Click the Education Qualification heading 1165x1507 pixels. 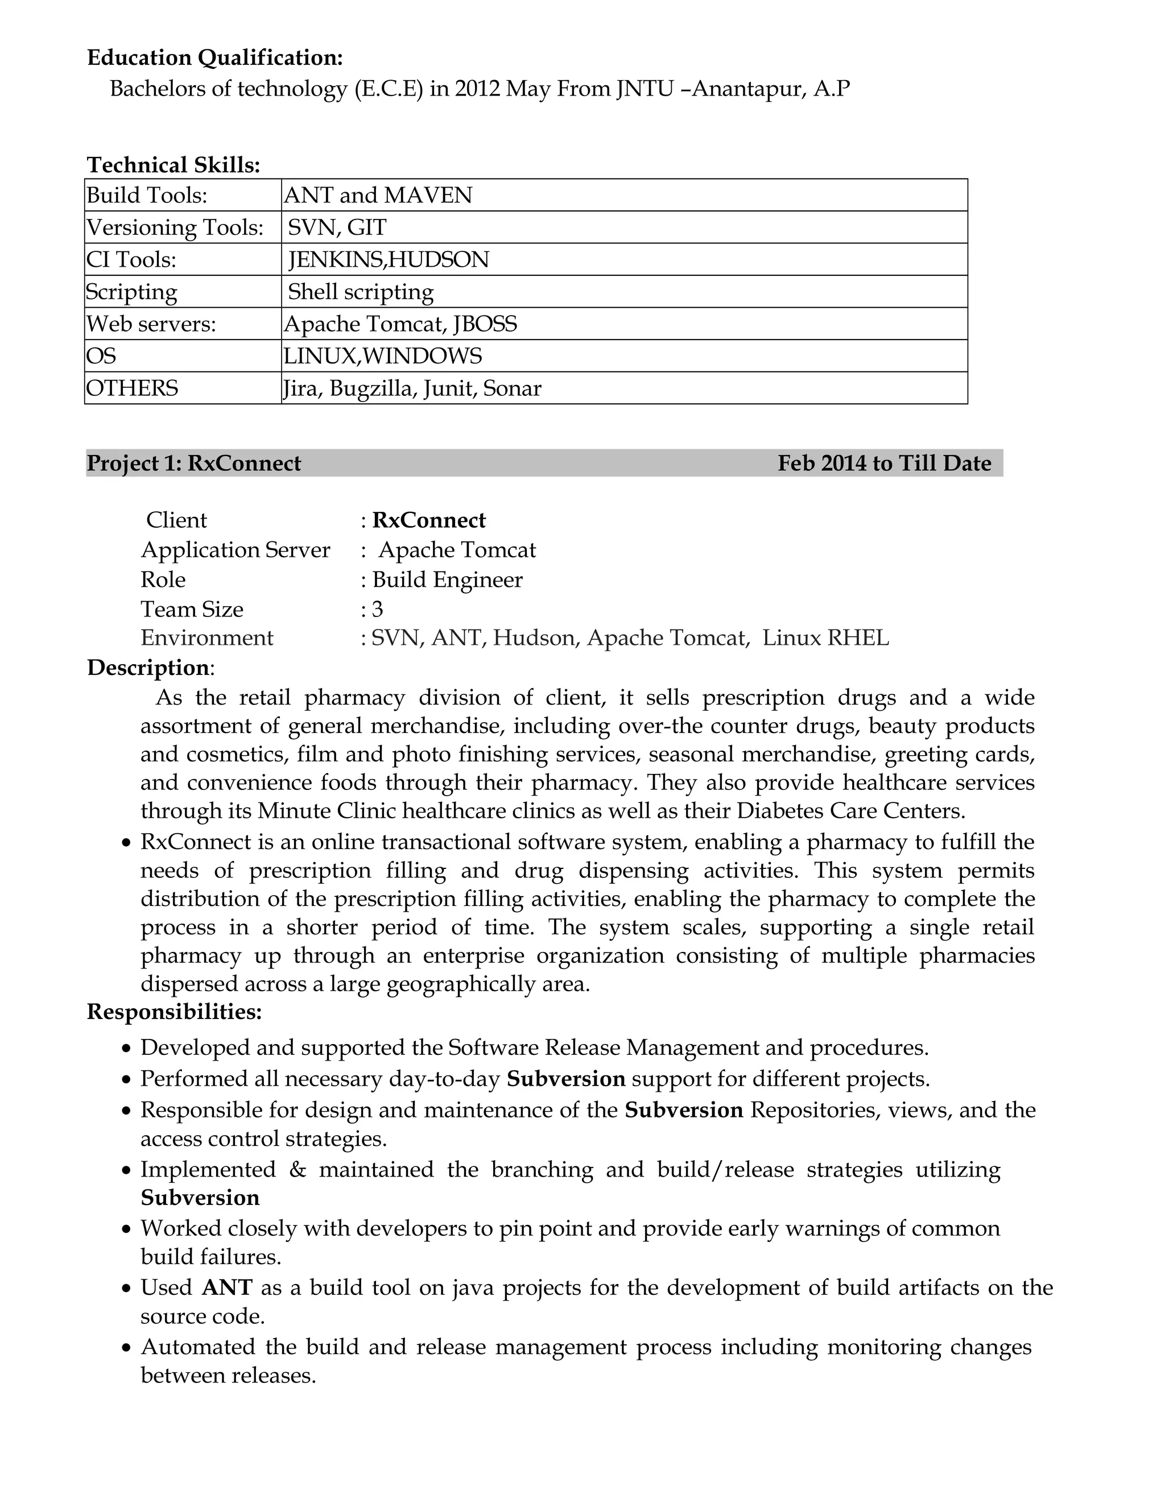(x=214, y=58)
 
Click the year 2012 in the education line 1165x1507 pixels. (x=477, y=89)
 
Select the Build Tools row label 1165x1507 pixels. (x=146, y=196)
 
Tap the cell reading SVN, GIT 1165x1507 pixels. (x=337, y=227)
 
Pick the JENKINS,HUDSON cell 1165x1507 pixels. (x=389, y=260)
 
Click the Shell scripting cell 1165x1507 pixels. (x=360, y=292)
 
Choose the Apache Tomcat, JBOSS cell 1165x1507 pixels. (x=400, y=324)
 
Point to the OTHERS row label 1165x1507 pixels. (x=132, y=388)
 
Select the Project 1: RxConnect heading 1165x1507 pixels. (x=194, y=463)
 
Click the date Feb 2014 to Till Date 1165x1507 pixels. (x=884, y=463)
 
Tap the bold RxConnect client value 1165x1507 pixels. (x=428, y=520)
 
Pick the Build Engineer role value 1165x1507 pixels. (x=447, y=579)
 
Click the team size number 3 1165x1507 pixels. (x=378, y=609)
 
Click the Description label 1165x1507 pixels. (x=148, y=668)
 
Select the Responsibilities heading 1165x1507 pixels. (x=175, y=1012)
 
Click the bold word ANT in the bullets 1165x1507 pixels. (x=227, y=1288)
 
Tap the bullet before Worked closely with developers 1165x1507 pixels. (x=126, y=1230)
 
